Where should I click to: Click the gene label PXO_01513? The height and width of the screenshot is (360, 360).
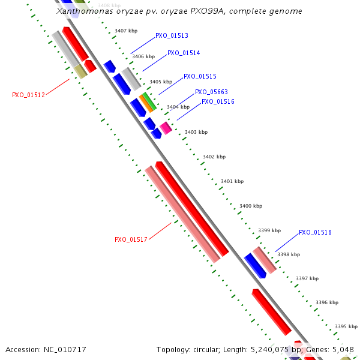coord(172,35)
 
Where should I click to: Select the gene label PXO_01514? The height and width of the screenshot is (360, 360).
coord(184,53)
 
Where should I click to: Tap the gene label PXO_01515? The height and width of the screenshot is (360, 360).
coord(200,76)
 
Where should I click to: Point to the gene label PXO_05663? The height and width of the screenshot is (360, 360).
coord(211,92)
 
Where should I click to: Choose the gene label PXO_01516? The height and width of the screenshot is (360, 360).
coord(218,101)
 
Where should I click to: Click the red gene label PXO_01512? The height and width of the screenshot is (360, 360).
coord(28,95)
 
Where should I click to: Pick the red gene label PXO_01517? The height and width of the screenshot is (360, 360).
coord(131,239)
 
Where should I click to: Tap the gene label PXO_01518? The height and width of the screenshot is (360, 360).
coord(315,232)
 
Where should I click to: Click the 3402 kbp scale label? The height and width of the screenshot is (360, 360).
coord(214,157)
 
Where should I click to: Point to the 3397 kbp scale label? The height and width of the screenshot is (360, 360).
coord(307,278)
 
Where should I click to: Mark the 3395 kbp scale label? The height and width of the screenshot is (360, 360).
coord(346,326)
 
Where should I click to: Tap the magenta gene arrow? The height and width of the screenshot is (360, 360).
coord(166,127)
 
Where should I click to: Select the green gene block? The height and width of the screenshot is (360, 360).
coord(149,101)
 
